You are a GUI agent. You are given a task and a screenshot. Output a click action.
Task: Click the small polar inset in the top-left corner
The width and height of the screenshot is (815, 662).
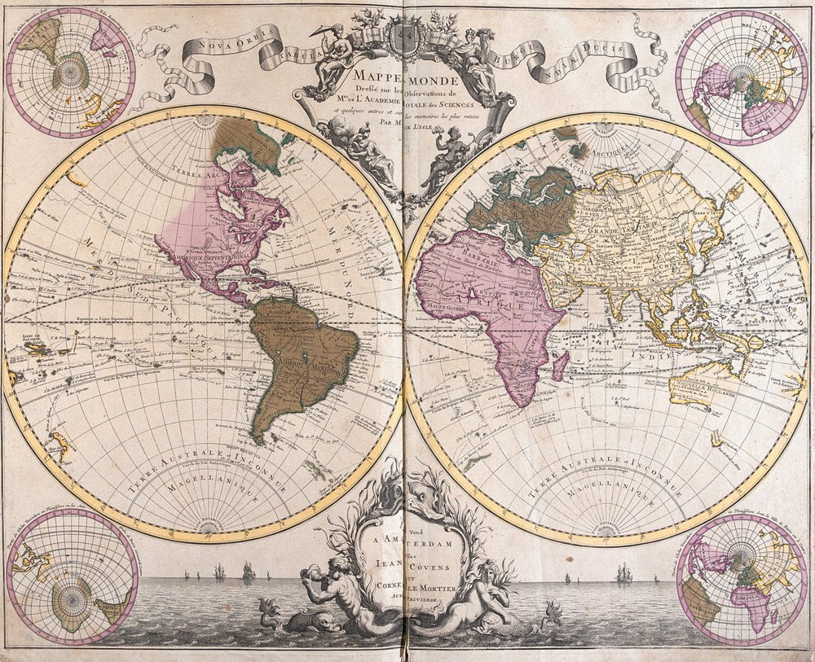pyautogui.click(x=71, y=72)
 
